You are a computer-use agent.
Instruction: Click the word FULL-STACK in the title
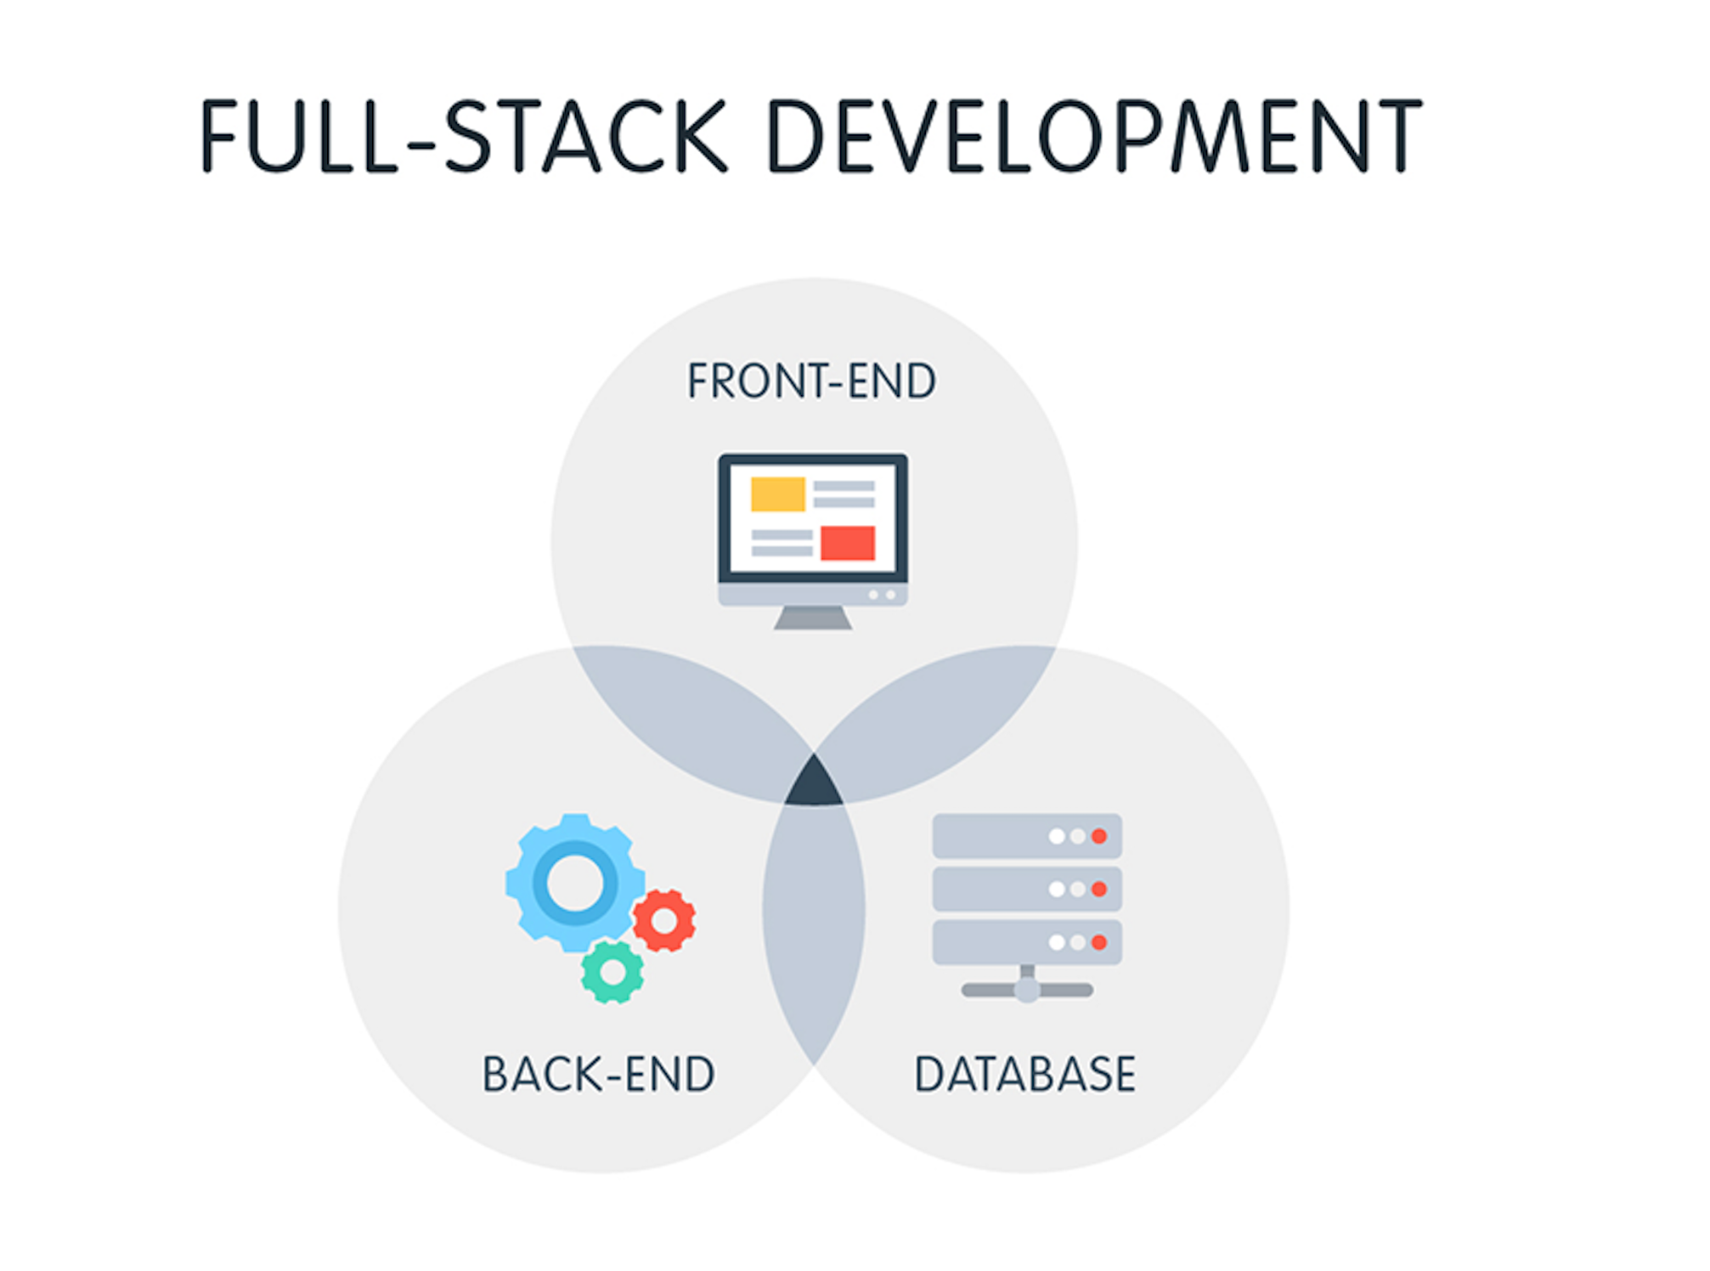[464, 136]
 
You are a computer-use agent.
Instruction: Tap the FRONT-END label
[811, 381]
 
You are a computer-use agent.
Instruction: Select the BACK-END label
[598, 1074]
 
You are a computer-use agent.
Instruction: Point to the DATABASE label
[1024, 1074]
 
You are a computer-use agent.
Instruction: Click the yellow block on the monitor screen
[777, 494]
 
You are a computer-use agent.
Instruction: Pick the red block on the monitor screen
[848, 543]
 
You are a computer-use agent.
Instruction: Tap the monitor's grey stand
[813, 618]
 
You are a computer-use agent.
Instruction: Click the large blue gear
[575, 882]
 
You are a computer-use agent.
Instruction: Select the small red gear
[664, 920]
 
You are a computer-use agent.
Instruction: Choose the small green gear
[612, 972]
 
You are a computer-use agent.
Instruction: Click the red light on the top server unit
[1099, 836]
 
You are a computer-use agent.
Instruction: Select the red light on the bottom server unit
[1099, 942]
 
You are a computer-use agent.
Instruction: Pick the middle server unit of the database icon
[1027, 889]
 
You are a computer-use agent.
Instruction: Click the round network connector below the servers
[1027, 990]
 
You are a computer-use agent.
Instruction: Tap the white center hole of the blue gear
[575, 882]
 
